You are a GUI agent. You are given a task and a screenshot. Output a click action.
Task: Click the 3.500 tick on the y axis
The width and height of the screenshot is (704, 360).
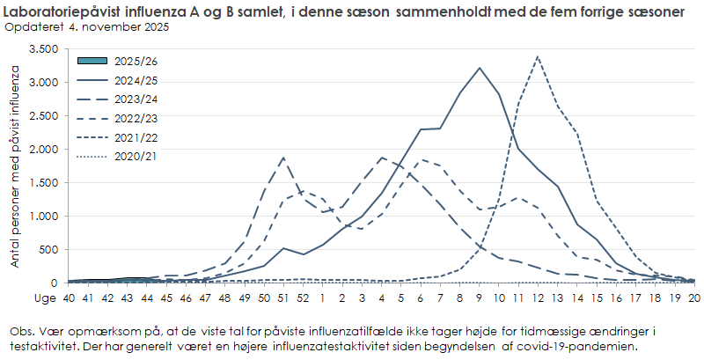click(43, 49)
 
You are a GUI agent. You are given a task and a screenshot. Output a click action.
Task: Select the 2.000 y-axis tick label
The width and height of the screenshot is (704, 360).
click(43, 150)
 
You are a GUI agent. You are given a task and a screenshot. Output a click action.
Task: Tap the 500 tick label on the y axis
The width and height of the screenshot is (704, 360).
click(48, 250)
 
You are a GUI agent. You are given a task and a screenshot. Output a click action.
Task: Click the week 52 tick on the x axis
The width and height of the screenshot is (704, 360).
click(304, 298)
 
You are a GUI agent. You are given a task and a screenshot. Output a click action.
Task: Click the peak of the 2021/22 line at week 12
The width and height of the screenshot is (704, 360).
click(538, 56)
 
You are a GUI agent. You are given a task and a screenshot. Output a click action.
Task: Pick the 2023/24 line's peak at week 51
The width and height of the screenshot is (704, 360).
click(283, 158)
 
